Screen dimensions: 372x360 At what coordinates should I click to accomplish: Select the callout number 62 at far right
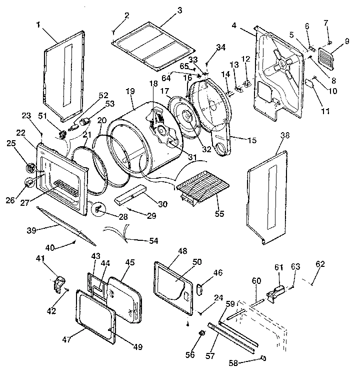[320, 263]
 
